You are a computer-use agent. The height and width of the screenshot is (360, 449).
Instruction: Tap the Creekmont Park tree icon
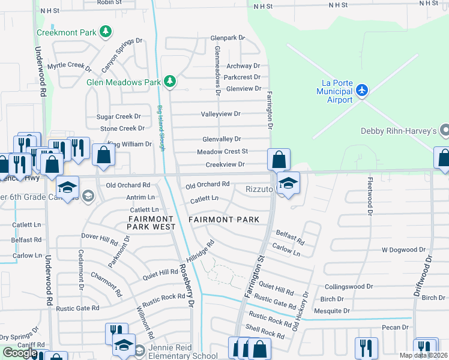click(106, 31)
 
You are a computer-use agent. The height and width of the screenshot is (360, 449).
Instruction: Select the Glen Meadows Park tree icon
click(170, 82)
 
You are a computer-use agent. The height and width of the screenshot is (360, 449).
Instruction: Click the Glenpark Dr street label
click(228, 37)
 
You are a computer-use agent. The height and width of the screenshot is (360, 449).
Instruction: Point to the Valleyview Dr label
click(220, 113)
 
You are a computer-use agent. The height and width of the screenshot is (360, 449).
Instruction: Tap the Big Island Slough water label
click(161, 129)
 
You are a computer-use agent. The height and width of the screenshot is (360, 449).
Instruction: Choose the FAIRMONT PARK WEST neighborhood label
click(152, 223)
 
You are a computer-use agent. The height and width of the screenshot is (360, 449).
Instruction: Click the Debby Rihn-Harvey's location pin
click(445, 130)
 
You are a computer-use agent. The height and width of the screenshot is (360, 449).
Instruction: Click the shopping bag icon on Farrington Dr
click(279, 160)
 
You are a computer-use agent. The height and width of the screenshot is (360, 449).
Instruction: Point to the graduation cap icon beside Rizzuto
click(289, 184)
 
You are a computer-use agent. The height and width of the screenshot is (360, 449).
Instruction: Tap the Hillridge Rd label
click(200, 254)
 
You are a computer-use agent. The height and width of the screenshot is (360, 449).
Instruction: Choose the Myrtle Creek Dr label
click(68, 65)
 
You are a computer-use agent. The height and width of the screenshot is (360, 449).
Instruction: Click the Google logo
click(20, 353)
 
